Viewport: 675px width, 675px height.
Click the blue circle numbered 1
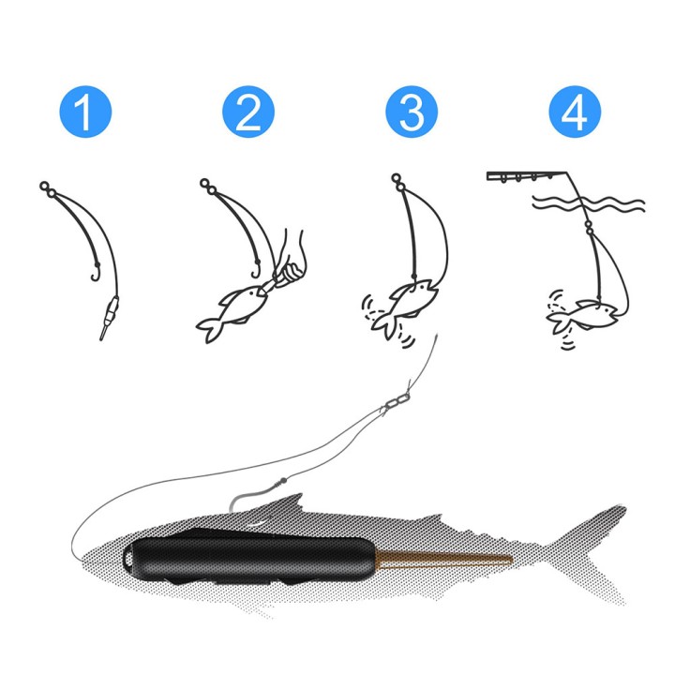coord(84,114)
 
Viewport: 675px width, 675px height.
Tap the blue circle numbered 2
coord(248,114)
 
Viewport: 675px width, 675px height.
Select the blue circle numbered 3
coord(412,114)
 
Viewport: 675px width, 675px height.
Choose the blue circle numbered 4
coord(575,114)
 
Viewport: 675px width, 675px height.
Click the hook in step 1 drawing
coord(95,273)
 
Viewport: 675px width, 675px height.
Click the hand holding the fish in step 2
coord(292,262)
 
